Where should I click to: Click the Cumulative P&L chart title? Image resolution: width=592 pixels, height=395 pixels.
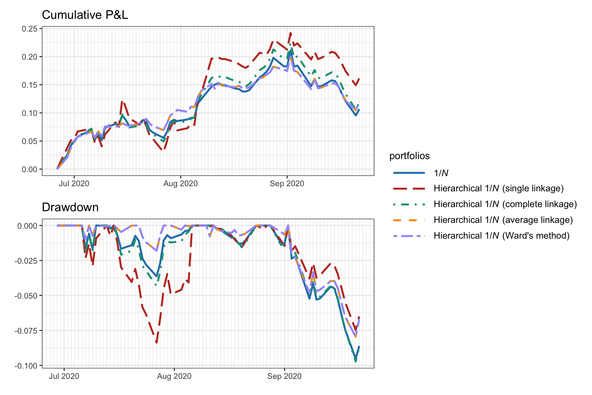pyautogui.click(x=85, y=15)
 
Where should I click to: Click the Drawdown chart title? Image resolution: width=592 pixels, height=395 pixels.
pyautogui.click(x=70, y=207)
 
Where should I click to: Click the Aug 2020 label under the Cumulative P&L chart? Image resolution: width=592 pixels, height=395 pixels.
pyautogui.click(x=180, y=183)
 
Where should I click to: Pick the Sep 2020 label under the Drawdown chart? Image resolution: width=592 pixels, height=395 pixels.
pyautogui.click(x=284, y=376)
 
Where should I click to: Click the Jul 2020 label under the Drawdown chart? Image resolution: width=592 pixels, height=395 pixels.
pyautogui.click(x=64, y=376)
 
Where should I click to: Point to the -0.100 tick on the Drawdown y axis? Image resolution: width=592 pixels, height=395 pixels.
pyautogui.click(x=26, y=366)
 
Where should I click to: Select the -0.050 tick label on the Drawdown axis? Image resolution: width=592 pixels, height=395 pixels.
pyautogui.click(x=26, y=296)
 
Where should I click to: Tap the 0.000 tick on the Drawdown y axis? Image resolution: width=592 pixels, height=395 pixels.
pyautogui.click(x=27, y=226)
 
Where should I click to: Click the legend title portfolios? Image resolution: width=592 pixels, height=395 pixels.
pyautogui.click(x=409, y=156)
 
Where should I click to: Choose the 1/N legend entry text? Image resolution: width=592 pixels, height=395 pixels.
pyautogui.click(x=441, y=173)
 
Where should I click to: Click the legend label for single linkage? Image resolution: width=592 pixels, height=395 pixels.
pyautogui.click(x=498, y=189)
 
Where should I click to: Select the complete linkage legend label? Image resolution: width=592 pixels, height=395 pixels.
pyautogui.click(x=505, y=204)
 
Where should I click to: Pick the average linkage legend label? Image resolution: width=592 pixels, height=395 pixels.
pyautogui.click(x=503, y=220)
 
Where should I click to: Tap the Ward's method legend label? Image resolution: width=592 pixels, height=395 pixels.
pyautogui.click(x=501, y=236)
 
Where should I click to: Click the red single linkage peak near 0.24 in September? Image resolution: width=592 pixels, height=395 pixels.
pyautogui.click(x=291, y=33)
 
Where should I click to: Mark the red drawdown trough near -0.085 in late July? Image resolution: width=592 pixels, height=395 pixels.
pyautogui.click(x=157, y=342)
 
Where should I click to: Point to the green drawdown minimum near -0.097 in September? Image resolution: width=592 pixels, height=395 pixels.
pyautogui.click(x=356, y=361)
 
